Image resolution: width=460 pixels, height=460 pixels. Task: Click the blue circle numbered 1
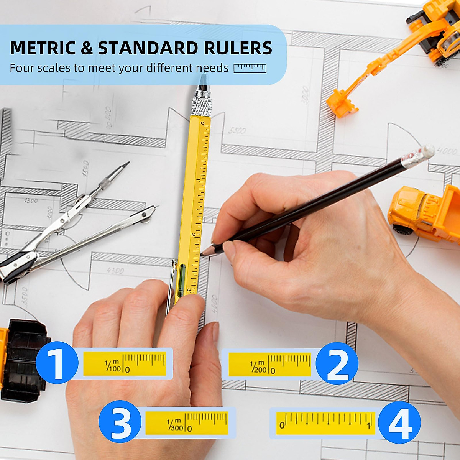point(57,363)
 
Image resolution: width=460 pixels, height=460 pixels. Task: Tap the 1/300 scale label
point(175,425)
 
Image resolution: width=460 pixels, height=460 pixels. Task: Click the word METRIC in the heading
point(43,48)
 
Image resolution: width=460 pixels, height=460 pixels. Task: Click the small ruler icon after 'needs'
point(250,68)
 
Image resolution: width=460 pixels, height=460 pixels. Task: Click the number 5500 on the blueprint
point(237,131)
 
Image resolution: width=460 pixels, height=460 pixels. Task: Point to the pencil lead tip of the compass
point(126,164)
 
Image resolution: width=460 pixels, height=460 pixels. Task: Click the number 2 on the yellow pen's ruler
point(193,236)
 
